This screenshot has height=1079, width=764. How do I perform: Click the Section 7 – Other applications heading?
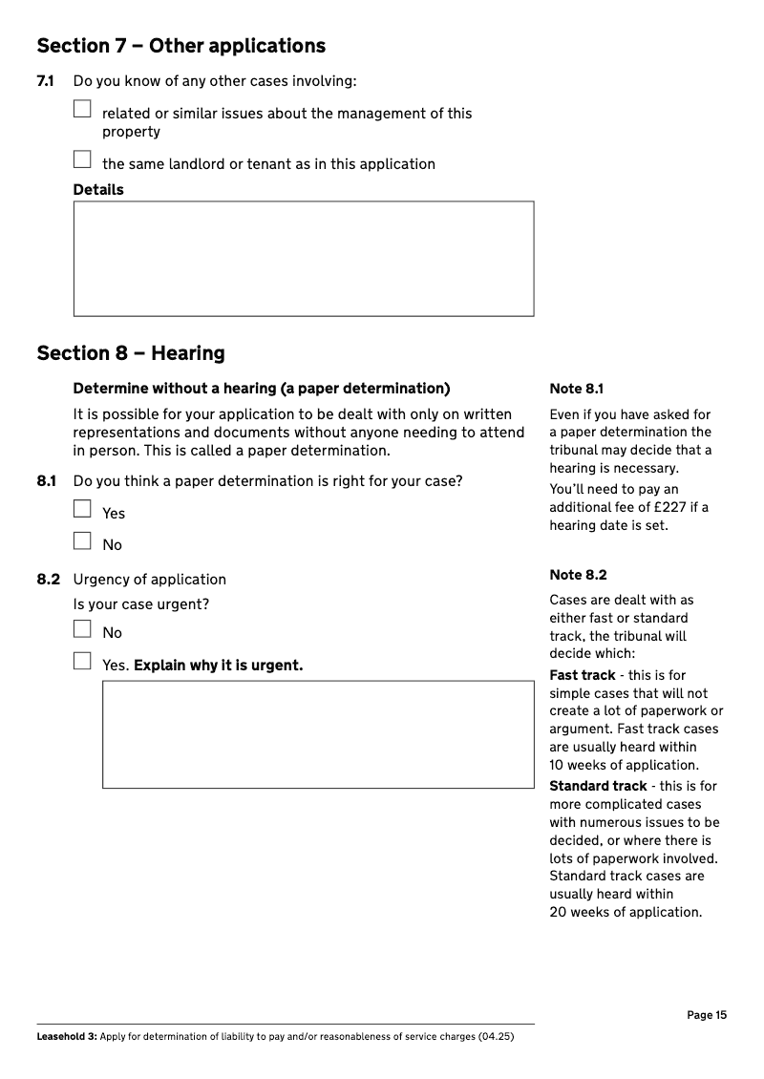click(180, 46)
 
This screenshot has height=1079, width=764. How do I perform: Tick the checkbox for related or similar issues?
click(83, 109)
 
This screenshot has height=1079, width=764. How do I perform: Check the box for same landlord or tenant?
click(83, 159)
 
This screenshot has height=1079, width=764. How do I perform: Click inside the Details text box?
click(304, 258)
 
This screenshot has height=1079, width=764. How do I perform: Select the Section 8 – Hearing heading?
click(131, 353)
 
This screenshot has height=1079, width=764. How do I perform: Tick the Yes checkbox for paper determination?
click(83, 509)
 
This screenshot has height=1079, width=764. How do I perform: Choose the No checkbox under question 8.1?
click(83, 540)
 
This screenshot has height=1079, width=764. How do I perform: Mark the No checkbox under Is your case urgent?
click(83, 628)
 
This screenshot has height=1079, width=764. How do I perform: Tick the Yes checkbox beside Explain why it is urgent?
click(83, 661)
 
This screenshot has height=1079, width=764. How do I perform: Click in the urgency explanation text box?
click(318, 734)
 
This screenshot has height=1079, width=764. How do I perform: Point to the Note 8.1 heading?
click(577, 389)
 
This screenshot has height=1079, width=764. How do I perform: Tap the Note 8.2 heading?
click(578, 575)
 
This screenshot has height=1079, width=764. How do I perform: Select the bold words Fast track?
click(583, 675)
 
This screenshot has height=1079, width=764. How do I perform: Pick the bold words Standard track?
click(599, 786)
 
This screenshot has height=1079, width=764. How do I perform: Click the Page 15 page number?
click(707, 1015)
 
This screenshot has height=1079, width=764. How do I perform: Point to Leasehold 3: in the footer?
click(66, 1036)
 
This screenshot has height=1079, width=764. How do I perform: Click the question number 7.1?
click(45, 81)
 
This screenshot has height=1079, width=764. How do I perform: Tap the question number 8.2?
click(48, 580)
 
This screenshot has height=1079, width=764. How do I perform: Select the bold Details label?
click(98, 190)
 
